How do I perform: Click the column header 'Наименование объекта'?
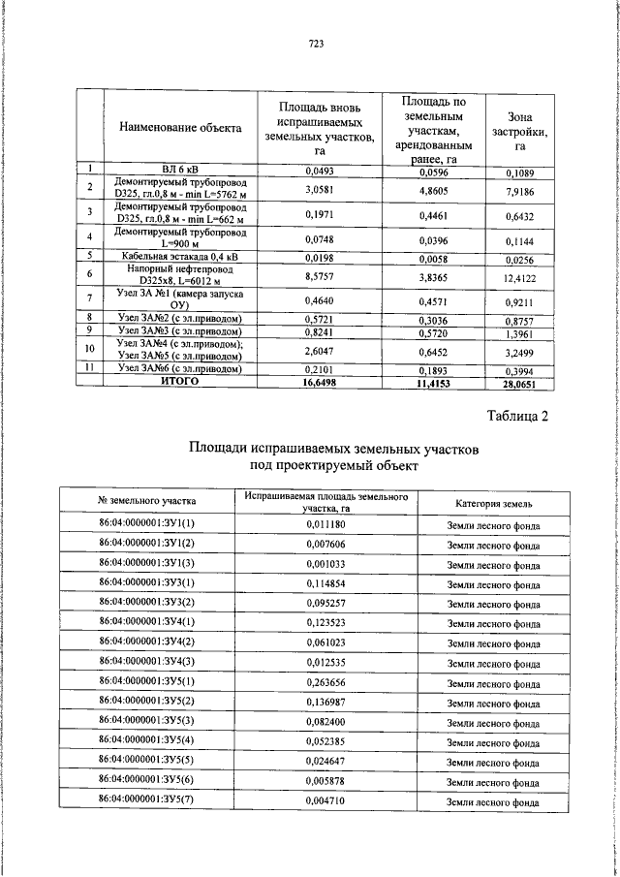tap(180, 128)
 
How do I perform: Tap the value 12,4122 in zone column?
tap(519, 279)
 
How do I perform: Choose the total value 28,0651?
tap(519, 384)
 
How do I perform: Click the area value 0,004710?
tap(325, 800)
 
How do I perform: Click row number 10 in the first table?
tap(89, 348)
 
